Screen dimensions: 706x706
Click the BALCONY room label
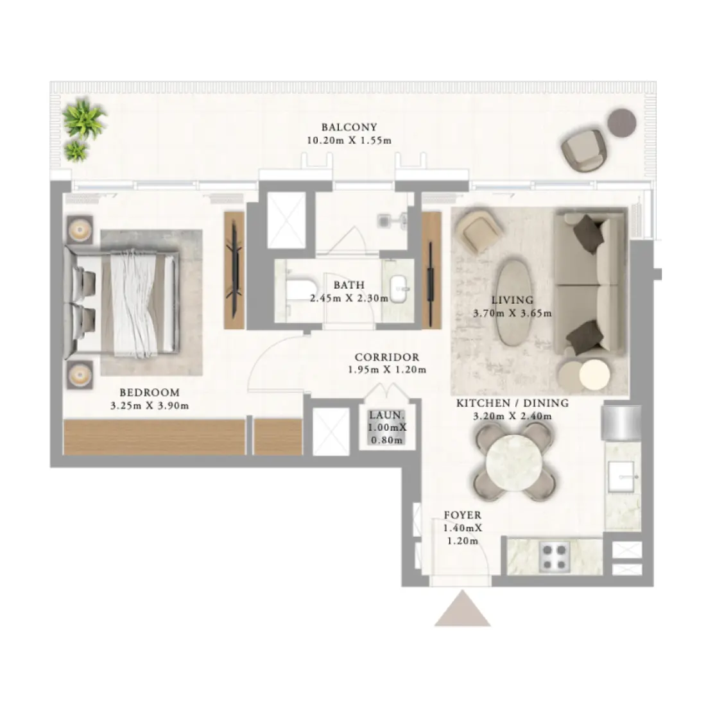pyautogui.click(x=349, y=127)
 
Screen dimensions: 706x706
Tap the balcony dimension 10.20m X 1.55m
pyautogui.click(x=349, y=141)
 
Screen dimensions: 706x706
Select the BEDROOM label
pyautogui.click(x=150, y=392)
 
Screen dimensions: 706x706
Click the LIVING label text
pyautogui.click(x=512, y=300)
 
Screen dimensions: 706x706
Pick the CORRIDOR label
pyautogui.click(x=387, y=357)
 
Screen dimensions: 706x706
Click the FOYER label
pyautogui.click(x=462, y=515)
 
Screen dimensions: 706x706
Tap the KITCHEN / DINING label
pyautogui.click(x=512, y=403)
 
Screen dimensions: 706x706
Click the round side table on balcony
pyautogui.click(x=621, y=122)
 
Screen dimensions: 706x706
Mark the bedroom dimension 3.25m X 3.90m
pyautogui.click(x=150, y=405)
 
